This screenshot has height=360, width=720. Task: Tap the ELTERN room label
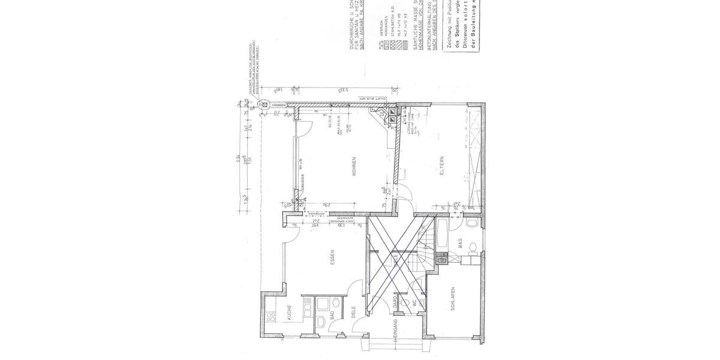(x=442, y=164)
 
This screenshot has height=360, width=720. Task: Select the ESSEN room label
(x=332, y=256)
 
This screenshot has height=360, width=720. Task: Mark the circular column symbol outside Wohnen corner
(x=263, y=105)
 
